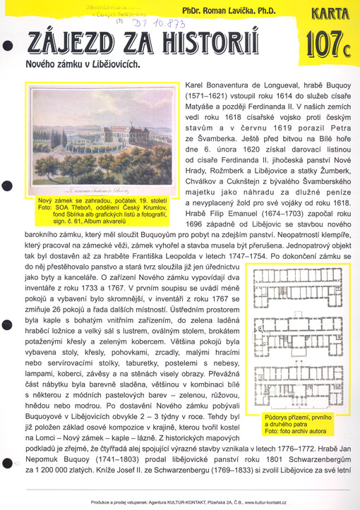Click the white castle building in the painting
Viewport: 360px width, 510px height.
(x=92, y=156)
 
